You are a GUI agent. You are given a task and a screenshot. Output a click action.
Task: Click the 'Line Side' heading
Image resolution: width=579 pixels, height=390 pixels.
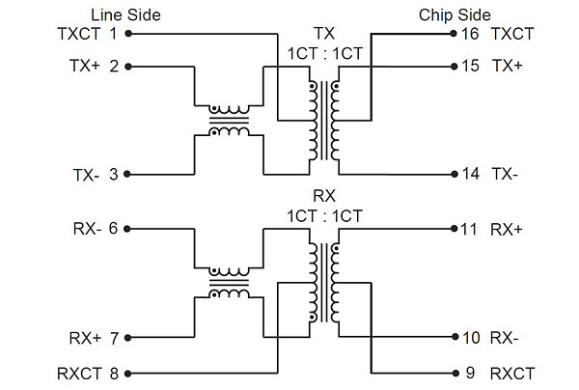125,14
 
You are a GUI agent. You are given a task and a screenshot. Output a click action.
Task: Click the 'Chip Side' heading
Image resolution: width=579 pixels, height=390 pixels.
455,14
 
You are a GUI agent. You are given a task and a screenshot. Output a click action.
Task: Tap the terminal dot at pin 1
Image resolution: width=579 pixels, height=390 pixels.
128,33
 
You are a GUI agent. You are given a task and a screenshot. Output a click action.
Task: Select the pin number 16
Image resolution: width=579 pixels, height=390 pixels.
470,33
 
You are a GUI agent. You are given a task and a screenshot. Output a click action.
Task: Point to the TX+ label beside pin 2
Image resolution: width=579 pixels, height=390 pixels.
84,67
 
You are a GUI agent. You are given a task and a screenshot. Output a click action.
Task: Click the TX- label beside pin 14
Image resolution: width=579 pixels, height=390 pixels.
506,175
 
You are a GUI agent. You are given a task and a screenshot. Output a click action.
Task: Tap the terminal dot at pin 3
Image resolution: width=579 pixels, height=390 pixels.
128,175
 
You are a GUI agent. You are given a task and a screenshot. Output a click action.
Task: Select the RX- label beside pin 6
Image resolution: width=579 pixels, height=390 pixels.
85,229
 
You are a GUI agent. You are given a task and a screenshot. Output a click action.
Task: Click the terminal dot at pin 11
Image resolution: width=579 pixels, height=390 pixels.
453,229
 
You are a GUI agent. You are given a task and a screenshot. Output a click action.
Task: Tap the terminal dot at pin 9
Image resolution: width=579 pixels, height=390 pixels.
453,373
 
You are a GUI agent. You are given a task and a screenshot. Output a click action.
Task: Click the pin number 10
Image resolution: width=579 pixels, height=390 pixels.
470,338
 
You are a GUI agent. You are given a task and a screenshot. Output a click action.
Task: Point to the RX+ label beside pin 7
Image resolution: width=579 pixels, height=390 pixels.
84,338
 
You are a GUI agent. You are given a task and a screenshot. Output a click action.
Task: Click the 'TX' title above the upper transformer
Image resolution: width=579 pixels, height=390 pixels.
324,33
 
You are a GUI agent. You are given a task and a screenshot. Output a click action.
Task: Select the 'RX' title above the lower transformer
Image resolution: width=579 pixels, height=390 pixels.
324,197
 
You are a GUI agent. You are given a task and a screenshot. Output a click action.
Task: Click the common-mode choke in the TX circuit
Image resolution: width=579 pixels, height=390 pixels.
229,121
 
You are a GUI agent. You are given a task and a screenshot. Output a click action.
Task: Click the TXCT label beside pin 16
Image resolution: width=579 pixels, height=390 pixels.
513,33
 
